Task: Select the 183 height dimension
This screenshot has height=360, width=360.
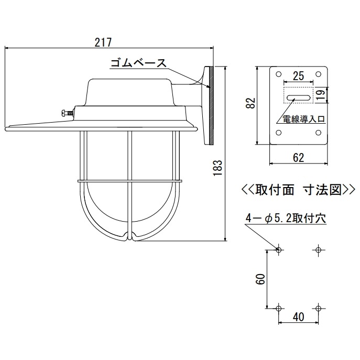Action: tap(220, 167)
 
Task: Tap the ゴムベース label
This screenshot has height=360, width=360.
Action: tap(138, 64)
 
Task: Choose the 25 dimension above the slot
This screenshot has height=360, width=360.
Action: tap(298, 75)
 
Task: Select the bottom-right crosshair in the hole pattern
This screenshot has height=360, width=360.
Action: tap(318, 307)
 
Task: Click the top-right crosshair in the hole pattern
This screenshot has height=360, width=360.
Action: tap(318, 249)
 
